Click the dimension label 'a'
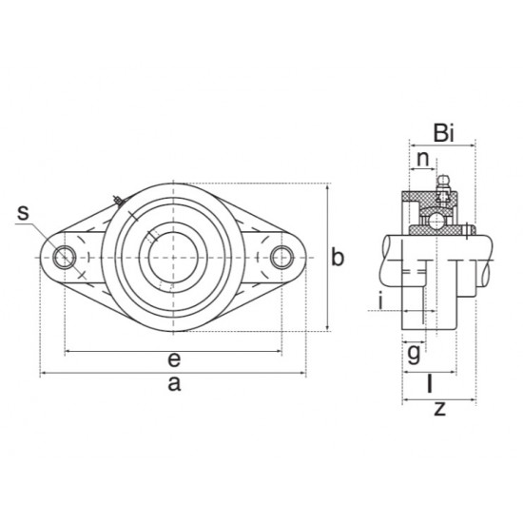[x=172, y=384]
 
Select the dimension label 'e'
[x=172, y=359]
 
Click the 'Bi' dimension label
[x=444, y=132]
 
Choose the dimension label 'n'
[x=421, y=158]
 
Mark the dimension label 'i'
[x=380, y=301]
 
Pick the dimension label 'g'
[x=414, y=354]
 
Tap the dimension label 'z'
[x=438, y=410]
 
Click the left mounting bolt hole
[x=65, y=257]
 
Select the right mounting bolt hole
[x=281, y=257]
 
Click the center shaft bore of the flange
[x=172, y=257]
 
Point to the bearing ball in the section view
[x=435, y=221]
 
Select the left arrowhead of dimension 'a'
[x=44, y=374]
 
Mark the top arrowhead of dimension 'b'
[x=327, y=187]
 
